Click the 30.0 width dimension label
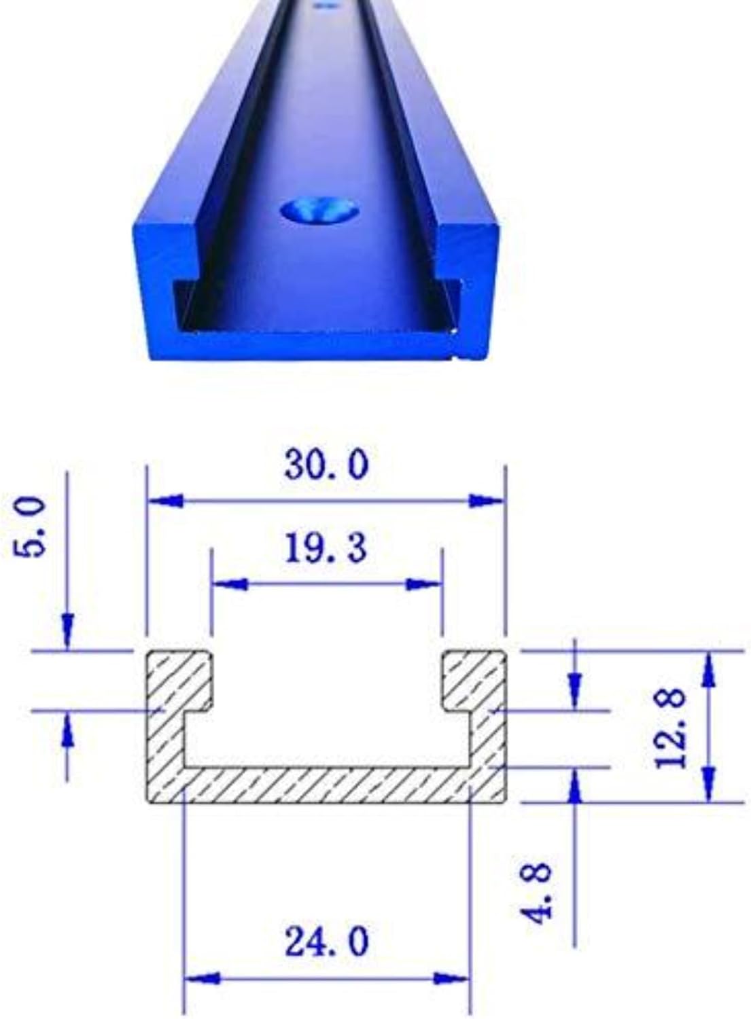click(326, 465)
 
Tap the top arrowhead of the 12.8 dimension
click(709, 669)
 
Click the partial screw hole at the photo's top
click(326, 5)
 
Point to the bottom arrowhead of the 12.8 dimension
click(709, 783)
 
